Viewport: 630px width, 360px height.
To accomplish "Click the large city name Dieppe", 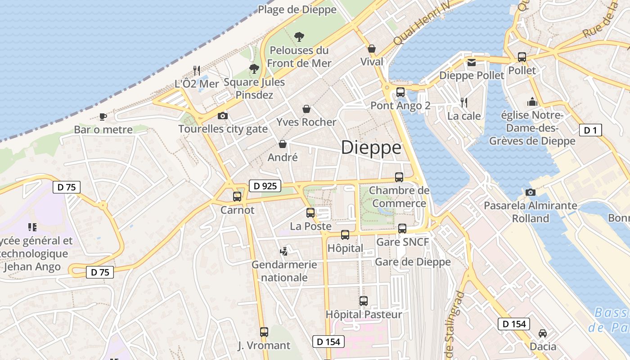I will (x=371, y=148).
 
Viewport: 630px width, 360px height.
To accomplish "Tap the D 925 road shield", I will (x=265, y=186).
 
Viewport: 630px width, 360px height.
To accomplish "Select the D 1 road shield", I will (x=590, y=130).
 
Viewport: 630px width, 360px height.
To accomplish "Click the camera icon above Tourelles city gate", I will (x=222, y=116).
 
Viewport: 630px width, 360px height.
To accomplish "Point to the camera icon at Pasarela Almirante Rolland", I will (x=531, y=193).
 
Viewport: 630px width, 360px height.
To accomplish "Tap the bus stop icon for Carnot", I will (x=237, y=197).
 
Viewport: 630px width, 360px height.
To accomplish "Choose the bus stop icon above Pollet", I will (x=522, y=57).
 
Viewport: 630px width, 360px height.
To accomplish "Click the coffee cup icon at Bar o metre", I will (x=103, y=117).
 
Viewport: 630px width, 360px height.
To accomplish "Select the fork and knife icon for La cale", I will (x=464, y=103).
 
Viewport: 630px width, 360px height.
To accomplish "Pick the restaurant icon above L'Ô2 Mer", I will (x=197, y=70).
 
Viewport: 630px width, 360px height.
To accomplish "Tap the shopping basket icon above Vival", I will (x=372, y=49).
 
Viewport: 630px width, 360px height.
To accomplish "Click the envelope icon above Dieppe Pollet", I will (x=471, y=63).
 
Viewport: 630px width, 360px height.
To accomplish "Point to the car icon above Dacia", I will (x=543, y=333).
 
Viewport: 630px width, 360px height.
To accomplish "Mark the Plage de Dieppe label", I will (x=297, y=9).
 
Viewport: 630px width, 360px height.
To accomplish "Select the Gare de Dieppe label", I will (x=413, y=262).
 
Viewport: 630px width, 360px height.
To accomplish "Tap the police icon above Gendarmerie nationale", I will (x=283, y=251).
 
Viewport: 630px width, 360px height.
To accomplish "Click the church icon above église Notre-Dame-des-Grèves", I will (x=532, y=102).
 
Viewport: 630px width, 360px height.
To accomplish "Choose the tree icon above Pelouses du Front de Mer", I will (x=298, y=37).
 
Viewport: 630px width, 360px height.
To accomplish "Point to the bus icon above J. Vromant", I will (x=264, y=332).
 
